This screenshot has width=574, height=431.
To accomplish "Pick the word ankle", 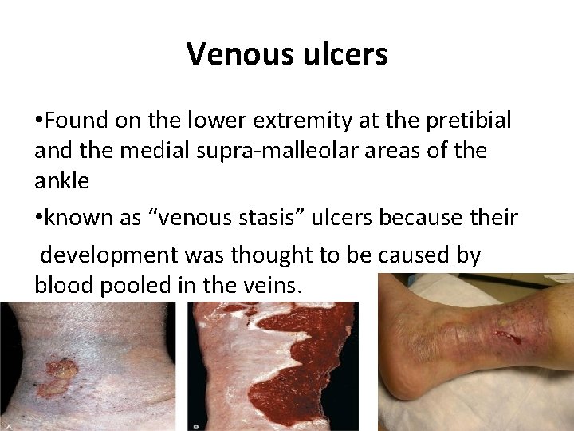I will [61, 181].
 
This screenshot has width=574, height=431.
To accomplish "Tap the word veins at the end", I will [273, 285].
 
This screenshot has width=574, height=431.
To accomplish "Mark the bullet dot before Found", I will [38, 121].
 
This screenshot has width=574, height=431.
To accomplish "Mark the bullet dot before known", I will [38, 217].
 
